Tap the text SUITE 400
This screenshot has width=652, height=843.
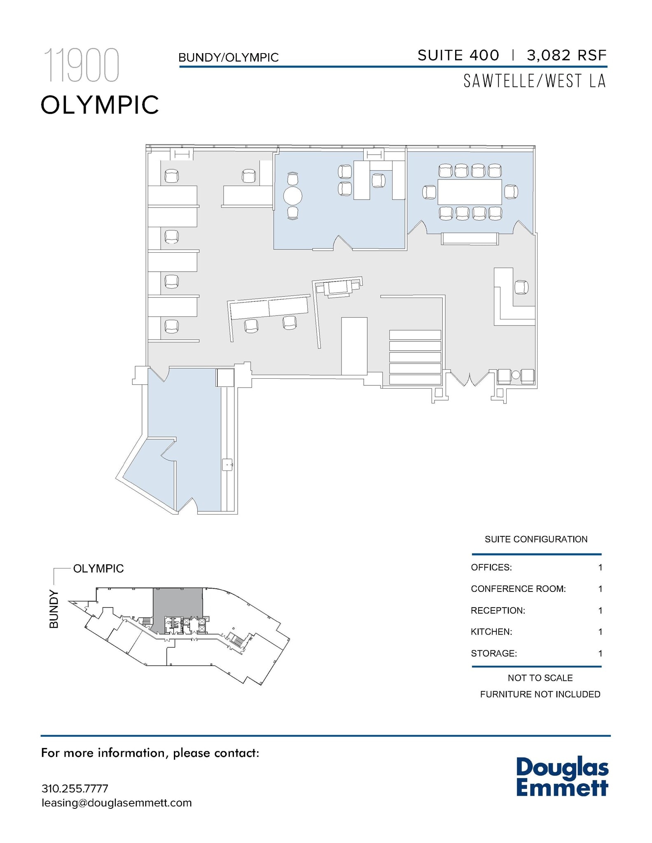point(458,55)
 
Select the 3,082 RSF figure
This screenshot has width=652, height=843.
point(566,55)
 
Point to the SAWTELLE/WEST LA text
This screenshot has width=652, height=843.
point(535,81)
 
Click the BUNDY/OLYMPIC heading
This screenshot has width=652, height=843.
point(229,58)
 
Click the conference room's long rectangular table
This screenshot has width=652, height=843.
point(470,192)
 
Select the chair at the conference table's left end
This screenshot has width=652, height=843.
point(429,192)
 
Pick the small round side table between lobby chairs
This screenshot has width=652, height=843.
point(516,375)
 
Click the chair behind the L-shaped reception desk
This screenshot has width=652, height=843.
point(521,287)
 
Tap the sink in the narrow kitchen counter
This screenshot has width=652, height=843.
point(227,464)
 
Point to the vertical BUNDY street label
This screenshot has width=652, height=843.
point(54,609)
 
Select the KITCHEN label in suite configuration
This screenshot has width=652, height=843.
point(491,631)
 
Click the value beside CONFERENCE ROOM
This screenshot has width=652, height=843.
point(600,589)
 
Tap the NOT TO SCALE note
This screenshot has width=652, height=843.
point(540,678)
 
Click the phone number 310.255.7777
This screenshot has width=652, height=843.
point(75,789)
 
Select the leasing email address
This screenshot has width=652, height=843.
point(117,803)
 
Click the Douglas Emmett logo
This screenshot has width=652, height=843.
point(562,777)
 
